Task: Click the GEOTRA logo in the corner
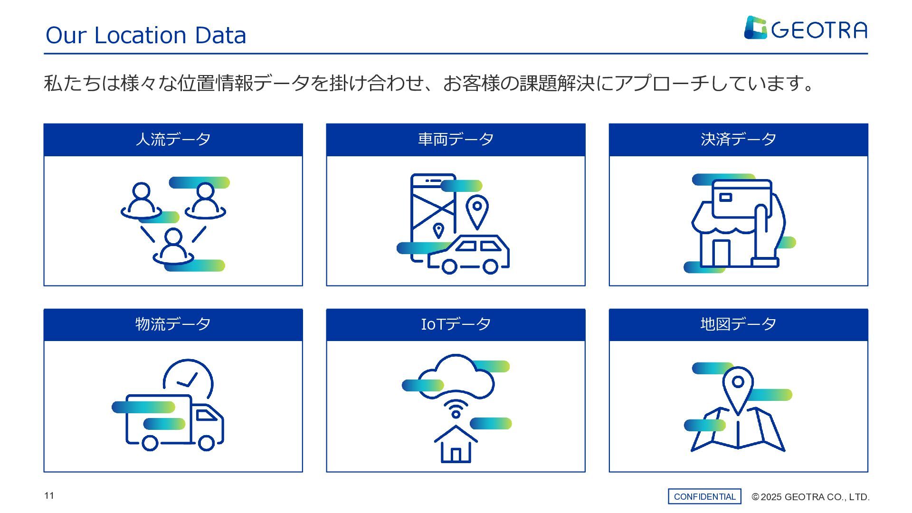coord(805,28)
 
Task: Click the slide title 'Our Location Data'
coord(146,35)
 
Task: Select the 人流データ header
coord(173,140)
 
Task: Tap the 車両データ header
coord(456,140)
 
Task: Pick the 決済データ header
coord(738,140)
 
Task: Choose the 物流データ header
coord(173,324)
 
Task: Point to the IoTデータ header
coord(456,324)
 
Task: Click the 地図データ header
coord(738,324)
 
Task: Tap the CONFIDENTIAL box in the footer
coord(704,496)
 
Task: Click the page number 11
coord(49,496)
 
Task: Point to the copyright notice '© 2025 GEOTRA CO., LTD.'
coord(810,497)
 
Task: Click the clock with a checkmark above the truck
coord(189,379)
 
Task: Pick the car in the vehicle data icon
coord(469,255)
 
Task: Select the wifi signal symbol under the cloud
coord(456,409)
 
